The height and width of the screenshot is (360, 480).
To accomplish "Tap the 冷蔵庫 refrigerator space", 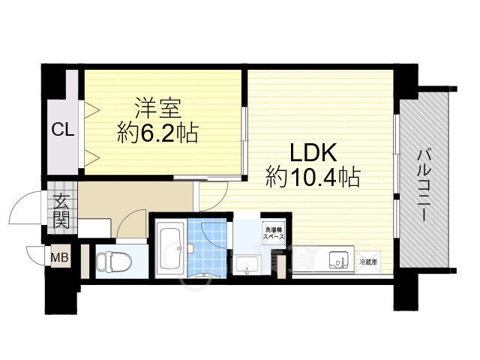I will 367,262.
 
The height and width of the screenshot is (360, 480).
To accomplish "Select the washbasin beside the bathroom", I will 246,264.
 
